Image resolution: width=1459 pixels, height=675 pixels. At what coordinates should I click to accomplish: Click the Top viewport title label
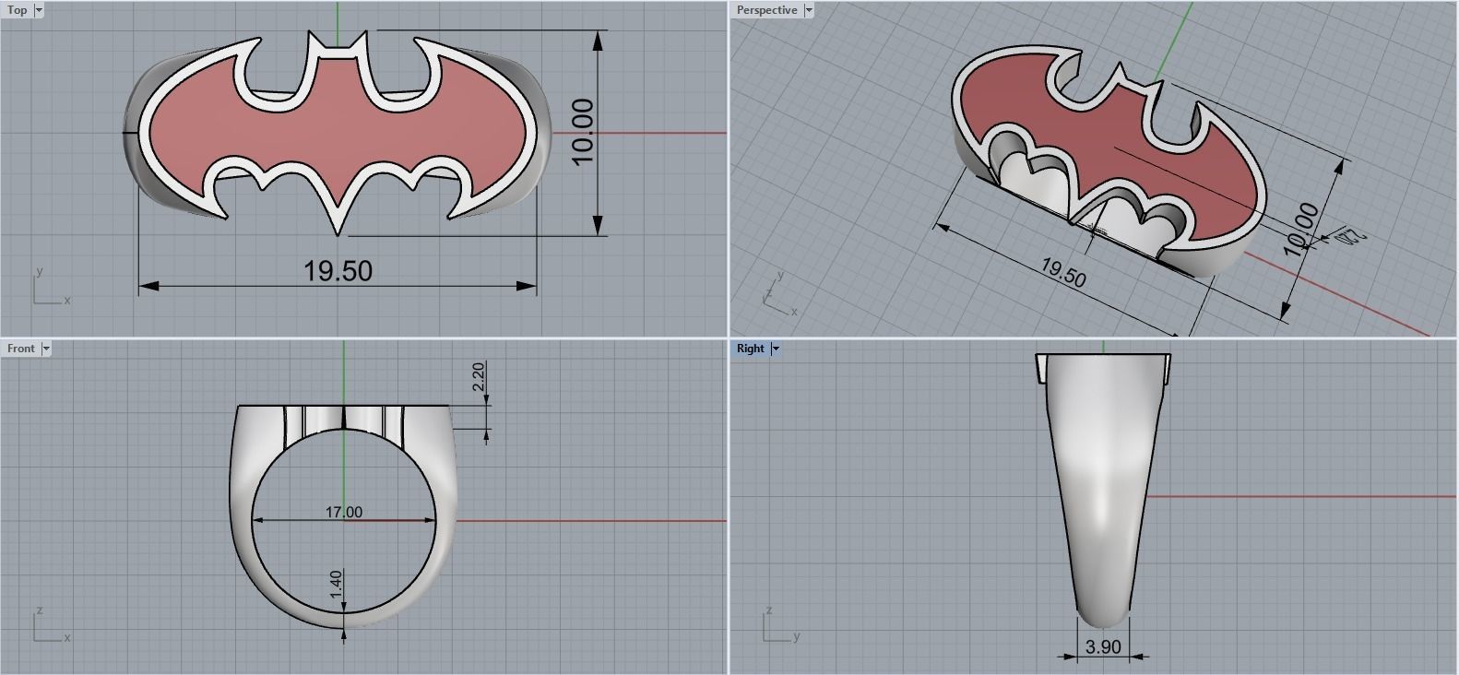tap(17, 10)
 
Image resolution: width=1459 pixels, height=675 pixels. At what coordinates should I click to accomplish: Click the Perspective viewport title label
tap(765, 10)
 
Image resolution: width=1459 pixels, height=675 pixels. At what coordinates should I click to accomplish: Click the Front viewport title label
tap(20, 349)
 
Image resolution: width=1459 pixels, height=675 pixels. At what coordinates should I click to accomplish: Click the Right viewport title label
tap(750, 349)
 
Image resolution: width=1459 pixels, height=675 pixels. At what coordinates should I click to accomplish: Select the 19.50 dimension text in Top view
tap(338, 271)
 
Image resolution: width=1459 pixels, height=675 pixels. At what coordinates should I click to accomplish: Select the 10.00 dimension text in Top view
tap(583, 133)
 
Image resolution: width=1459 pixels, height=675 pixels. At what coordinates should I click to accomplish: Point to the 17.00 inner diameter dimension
tap(343, 512)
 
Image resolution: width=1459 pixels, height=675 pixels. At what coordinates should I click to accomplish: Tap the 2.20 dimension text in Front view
tap(478, 377)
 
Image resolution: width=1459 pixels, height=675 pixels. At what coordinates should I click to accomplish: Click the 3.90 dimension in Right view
tap(1103, 647)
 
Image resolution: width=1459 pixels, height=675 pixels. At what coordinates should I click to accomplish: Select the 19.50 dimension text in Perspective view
tap(1062, 273)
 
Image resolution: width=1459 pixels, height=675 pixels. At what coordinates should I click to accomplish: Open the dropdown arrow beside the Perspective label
tap(809, 10)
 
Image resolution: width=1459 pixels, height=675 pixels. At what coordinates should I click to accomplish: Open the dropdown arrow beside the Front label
tap(46, 349)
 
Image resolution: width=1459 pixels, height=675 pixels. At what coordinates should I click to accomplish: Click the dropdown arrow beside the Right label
tap(776, 349)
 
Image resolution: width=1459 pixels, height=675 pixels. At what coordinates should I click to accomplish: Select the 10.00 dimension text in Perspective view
tap(1300, 230)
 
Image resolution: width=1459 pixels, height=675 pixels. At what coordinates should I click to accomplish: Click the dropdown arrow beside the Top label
tap(39, 10)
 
